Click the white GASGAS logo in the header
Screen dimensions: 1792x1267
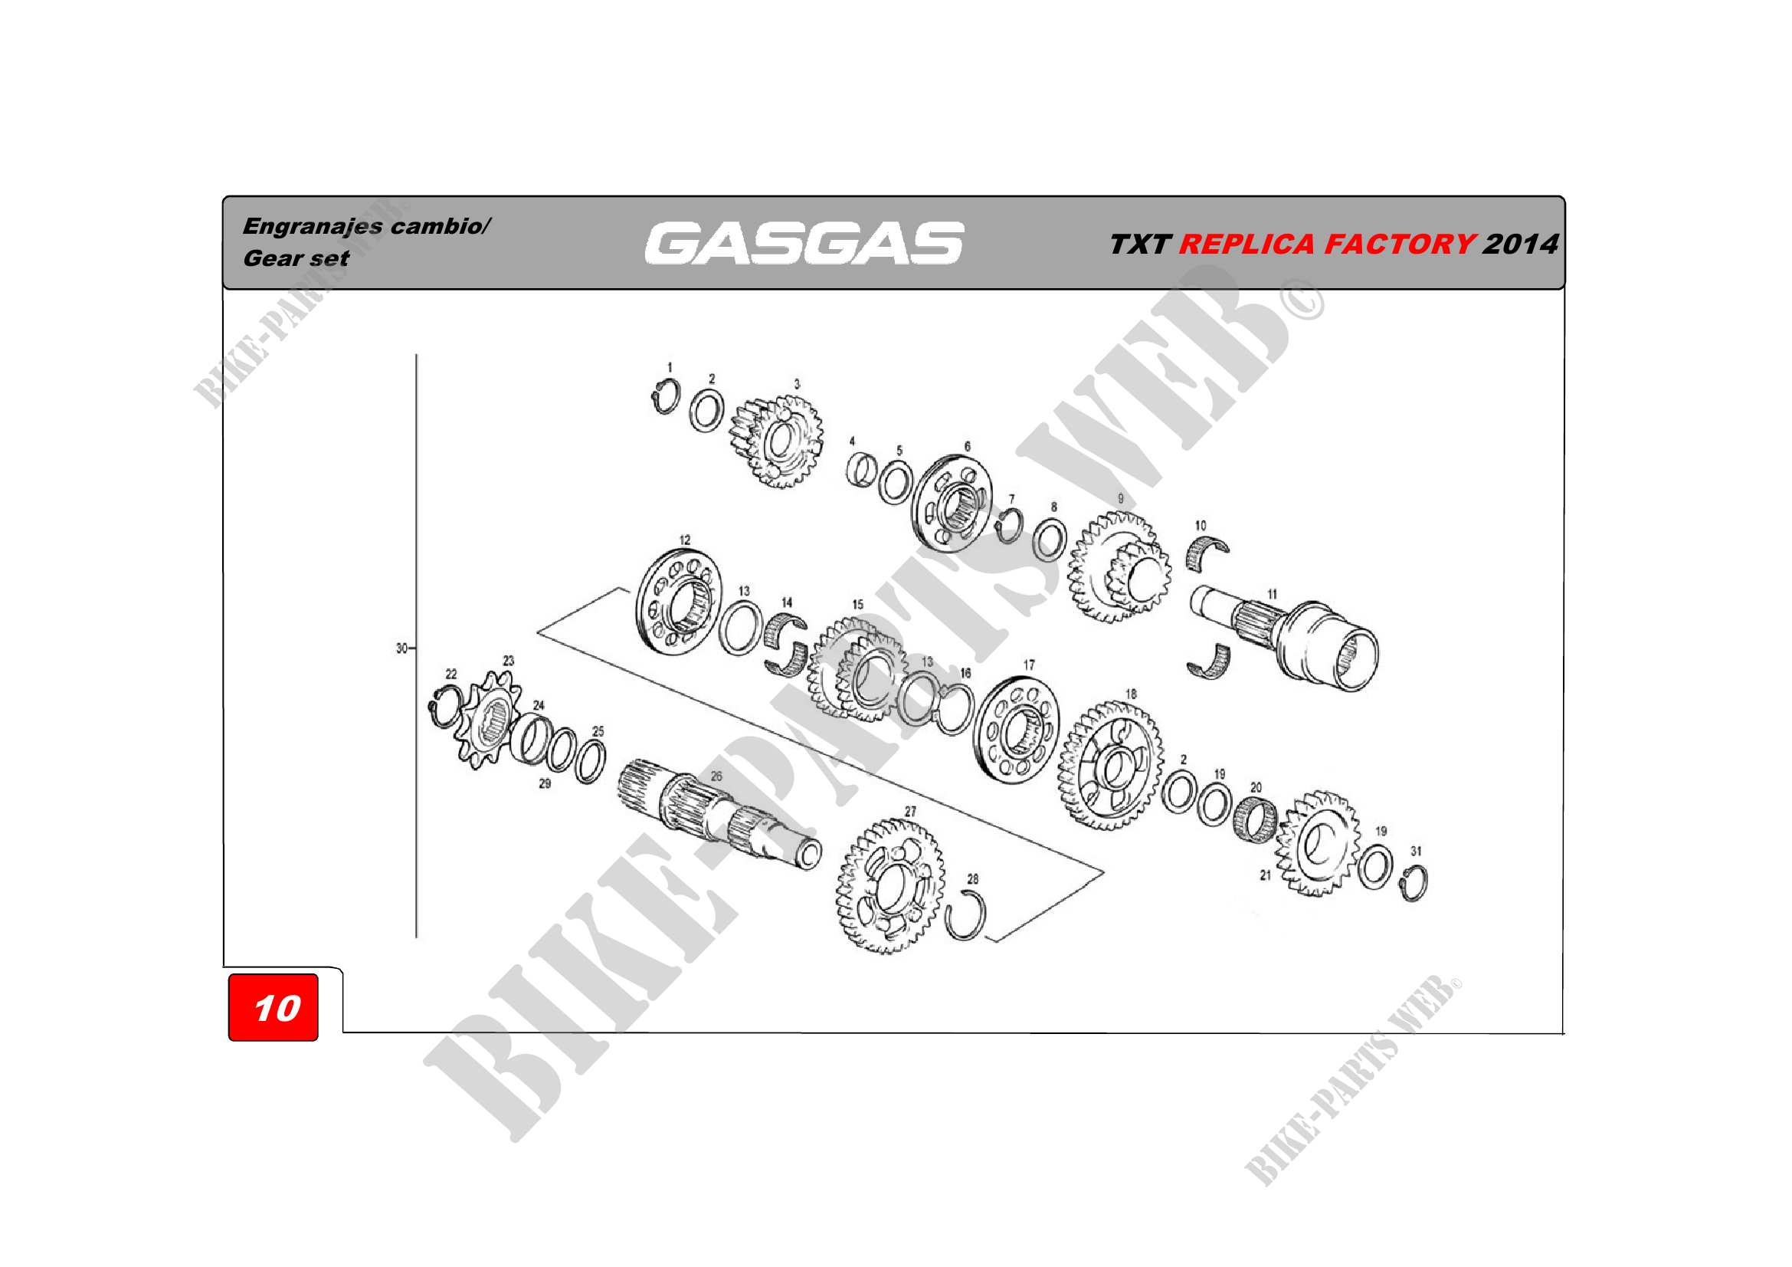coord(804,243)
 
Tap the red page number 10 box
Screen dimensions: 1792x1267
coord(274,1007)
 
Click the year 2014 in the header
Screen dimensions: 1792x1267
coord(1520,245)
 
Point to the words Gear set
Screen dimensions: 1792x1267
coord(296,258)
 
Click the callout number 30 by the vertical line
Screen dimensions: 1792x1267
coord(401,648)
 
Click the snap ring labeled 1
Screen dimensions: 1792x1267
coord(666,396)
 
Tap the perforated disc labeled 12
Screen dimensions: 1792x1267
coord(679,602)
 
